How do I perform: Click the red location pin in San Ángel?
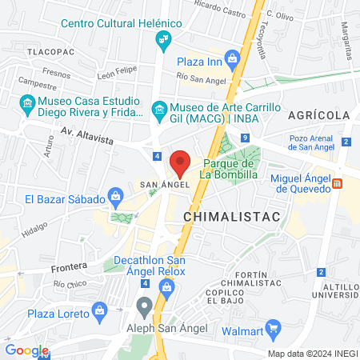tap(181, 163)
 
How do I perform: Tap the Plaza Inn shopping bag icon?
tap(232, 58)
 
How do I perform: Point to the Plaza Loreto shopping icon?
tap(100, 309)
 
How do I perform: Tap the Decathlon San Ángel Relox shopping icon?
tap(166, 286)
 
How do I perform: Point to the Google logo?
tap(26, 350)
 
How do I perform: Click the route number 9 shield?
tap(244, 138)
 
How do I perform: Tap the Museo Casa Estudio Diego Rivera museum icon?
tap(27, 103)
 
